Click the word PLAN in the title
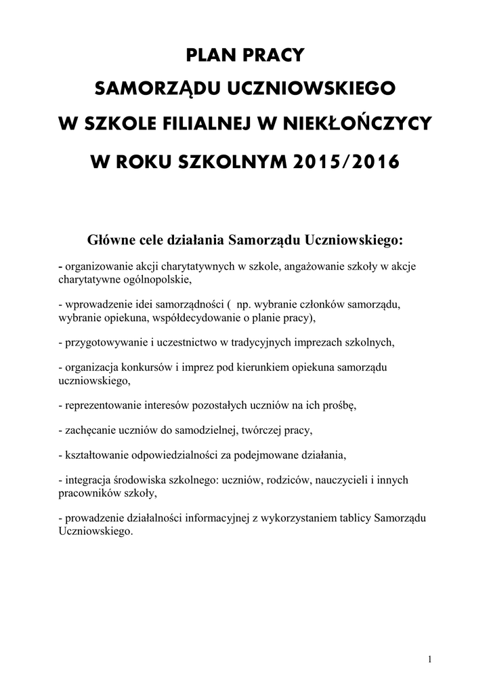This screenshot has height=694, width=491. point(211,54)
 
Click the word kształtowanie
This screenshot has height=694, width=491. point(93,455)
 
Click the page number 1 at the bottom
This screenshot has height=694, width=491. point(431,659)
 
